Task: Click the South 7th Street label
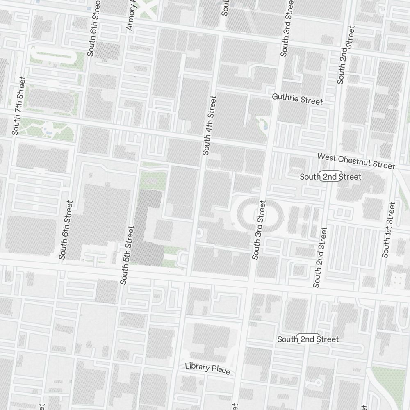pos(18,106)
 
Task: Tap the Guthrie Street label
pos(298,99)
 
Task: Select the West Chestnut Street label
pos(356,161)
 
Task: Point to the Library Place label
pos(207,368)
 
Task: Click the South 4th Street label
pos(209,125)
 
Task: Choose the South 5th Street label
pos(127,255)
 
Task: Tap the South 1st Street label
pos(388,230)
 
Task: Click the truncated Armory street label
pos(131,16)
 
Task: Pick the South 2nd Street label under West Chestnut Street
pos(330,177)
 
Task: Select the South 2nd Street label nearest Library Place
pos(308,339)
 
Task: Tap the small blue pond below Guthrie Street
pos(265,127)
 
